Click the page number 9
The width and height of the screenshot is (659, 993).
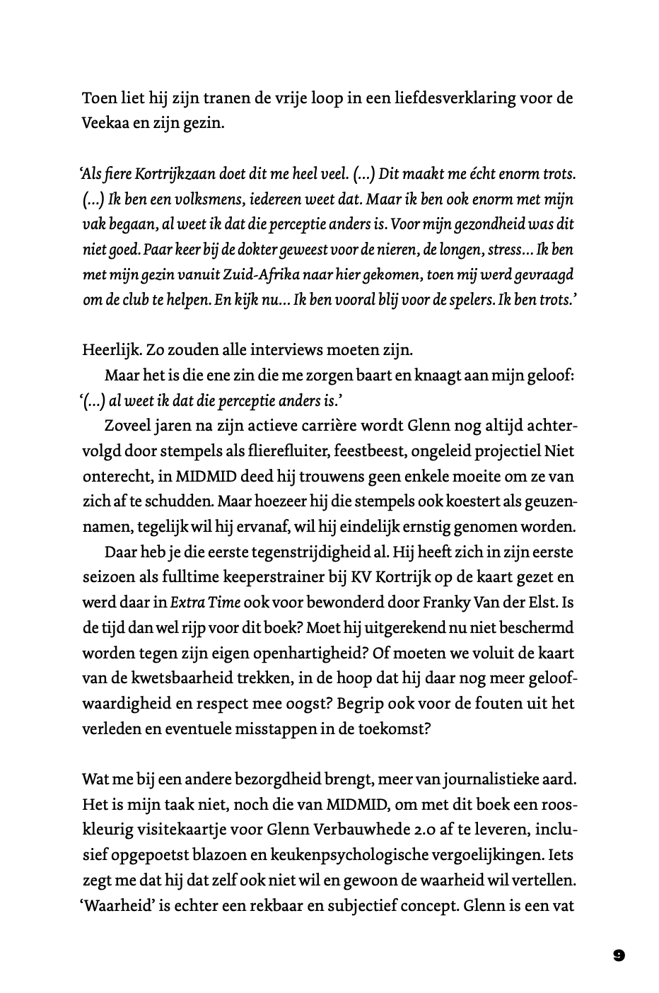tap(619, 956)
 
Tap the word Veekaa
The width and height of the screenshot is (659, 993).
tap(105, 123)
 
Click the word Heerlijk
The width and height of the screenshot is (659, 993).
tap(110, 350)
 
